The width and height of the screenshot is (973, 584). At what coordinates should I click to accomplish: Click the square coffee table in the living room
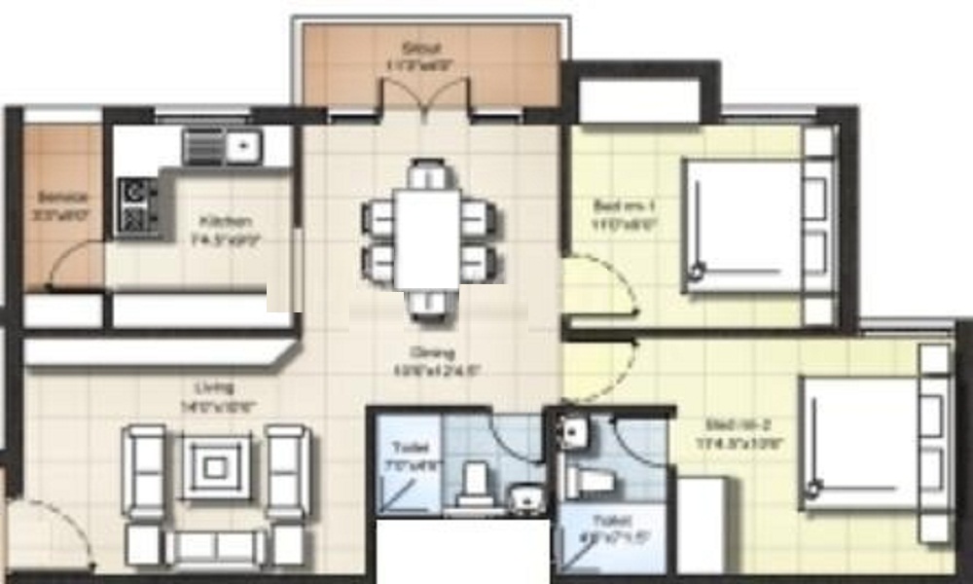[217, 467]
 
